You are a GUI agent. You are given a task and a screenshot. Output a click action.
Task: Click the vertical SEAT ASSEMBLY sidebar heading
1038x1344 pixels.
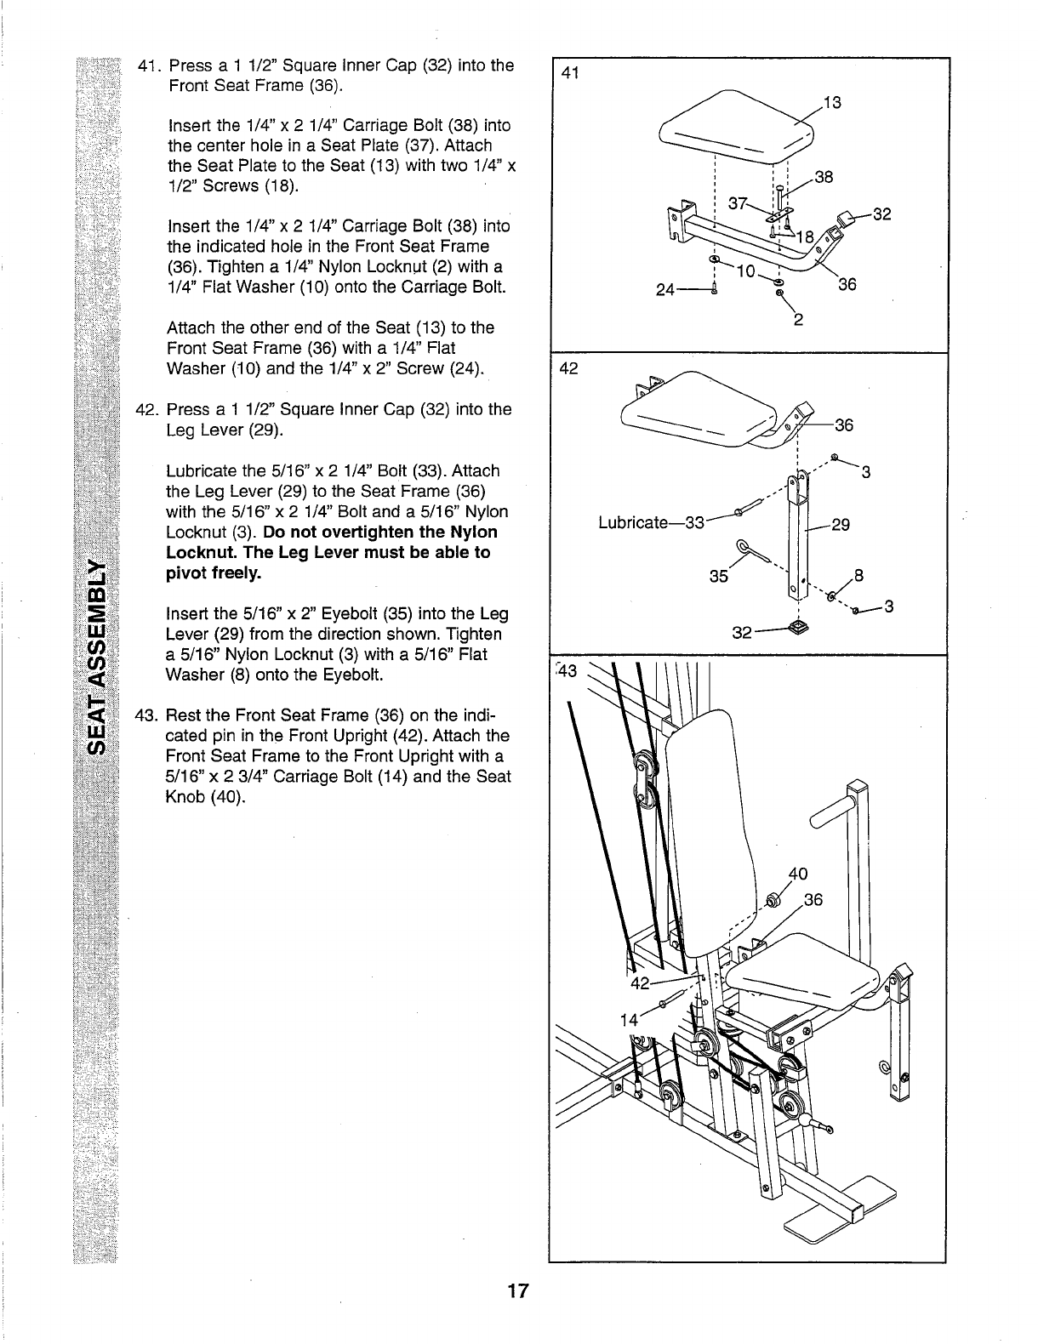pos(100,656)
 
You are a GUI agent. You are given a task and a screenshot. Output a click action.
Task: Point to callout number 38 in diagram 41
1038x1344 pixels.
pos(824,178)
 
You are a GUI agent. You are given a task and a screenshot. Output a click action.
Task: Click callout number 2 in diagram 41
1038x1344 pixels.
pos(798,321)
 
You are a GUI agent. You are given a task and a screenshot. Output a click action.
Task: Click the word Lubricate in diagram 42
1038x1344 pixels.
pos(633,522)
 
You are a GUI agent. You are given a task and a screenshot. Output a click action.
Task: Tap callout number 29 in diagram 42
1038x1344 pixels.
pos(841,525)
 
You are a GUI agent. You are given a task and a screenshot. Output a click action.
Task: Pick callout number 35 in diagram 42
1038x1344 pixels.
pos(719,575)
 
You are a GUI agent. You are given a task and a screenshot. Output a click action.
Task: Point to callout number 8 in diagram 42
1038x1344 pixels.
pos(858,574)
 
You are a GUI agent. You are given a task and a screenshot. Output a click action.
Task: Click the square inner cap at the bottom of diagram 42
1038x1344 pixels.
pos(799,629)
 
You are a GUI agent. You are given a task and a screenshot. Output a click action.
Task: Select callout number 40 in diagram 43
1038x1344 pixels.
pos(797,873)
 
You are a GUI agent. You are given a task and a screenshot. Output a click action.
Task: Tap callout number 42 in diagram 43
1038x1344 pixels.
pos(639,984)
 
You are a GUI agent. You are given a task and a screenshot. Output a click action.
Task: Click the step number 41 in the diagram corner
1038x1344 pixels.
pos(570,73)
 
